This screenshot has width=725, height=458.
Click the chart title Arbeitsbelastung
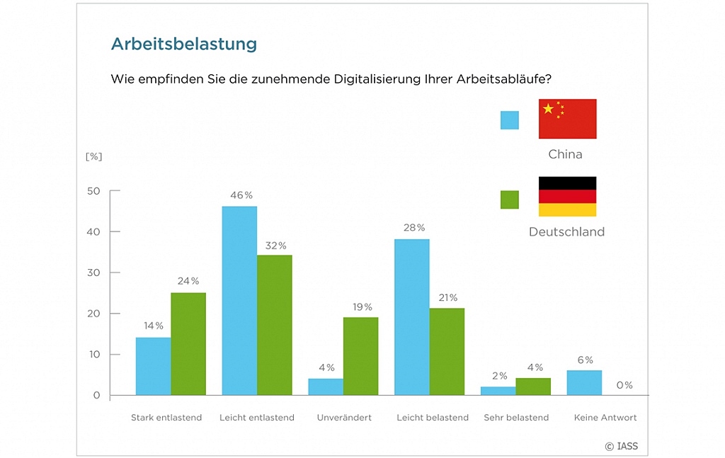click(x=183, y=44)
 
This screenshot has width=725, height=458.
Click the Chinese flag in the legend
click(x=567, y=119)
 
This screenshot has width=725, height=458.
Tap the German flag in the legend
click(x=567, y=196)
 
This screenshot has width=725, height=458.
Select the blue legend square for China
click(x=510, y=120)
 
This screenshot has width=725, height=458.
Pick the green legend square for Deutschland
click(x=510, y=200)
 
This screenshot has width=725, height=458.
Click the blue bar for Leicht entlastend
click(x=239, y=301)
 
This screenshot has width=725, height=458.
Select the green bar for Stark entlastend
click(x=188, y=344)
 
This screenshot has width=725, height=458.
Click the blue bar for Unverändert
click(x=326, y=387)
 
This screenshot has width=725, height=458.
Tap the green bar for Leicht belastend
click(x=446, y=351)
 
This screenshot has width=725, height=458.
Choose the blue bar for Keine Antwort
click(x=584, y=382)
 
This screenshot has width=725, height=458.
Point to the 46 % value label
click(x=240, y=195)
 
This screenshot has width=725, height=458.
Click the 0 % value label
click(x=624, y=386)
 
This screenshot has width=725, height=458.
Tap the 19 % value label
click(x=362, y=307)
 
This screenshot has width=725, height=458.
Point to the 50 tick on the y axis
click(x=93, y=191)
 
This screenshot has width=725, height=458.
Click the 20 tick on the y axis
click(x=93, y=314)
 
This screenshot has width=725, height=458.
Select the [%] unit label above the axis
click(x=93, y=156)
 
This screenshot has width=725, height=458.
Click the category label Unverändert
click(x=344, y=418)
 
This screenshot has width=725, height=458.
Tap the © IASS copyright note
click(x=621, y=446)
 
